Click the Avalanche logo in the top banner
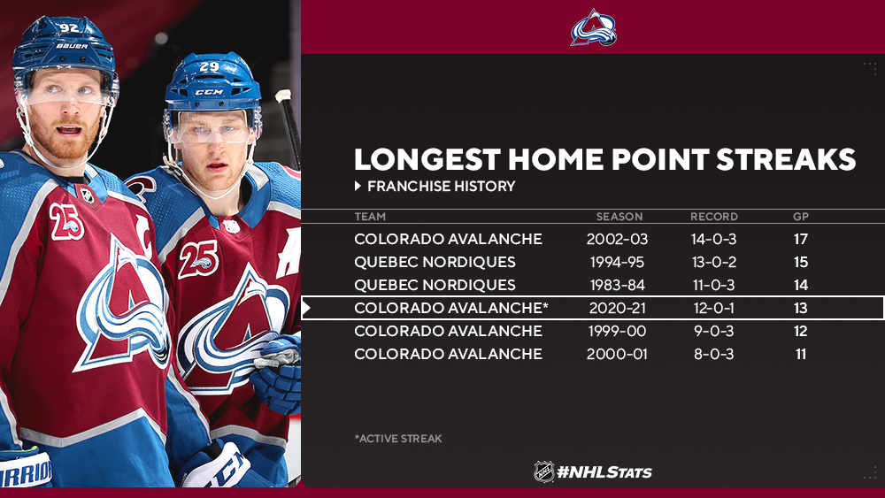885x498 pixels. tap(593, 27)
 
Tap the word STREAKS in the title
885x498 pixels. tap(786, 159)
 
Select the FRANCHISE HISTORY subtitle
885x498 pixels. tap(441, 186)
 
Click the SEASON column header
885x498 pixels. tap(619, 217)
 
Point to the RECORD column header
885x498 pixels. tap(714, 217)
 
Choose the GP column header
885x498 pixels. tap(801, 217)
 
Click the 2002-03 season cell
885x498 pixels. tap(617, 239)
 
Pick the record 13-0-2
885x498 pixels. tap(714, 262)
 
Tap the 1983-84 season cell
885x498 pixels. tap(617, 286)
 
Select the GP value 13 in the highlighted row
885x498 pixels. tap(800, 309)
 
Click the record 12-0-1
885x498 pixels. tap(714, 309)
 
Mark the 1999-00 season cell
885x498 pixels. tap(617, 331)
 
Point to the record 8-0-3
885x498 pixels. tap(714, 354)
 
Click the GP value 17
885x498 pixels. tap(800, 239)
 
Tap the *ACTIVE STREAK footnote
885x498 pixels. tap(398, 438)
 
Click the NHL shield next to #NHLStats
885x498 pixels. tap(544, 471)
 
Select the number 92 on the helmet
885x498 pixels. tap(69, 27)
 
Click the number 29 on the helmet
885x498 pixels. tap(209, 67)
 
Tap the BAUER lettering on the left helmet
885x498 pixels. tap(72, 46)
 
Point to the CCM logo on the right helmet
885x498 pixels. tap(209, 92)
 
